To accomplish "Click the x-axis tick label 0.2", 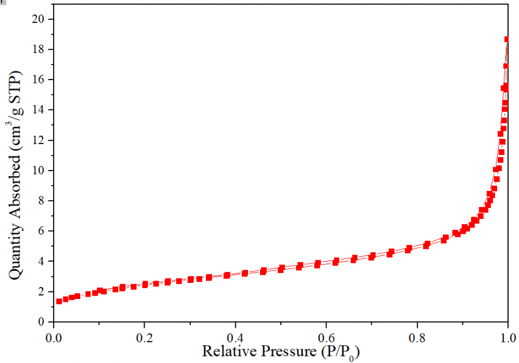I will [x=144, y=335].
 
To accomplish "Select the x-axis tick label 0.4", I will [x=235, y=335].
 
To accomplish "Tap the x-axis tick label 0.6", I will [x=326, y=335].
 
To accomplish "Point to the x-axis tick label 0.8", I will [x=417, y=335].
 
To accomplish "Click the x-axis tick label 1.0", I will [x=507, y=335].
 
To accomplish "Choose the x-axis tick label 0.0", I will [x=54, y=335].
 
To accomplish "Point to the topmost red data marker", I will [x=507, y=40].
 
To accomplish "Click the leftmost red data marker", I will [x=59, y=301].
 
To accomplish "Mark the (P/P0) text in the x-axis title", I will [x=337, y=351].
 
